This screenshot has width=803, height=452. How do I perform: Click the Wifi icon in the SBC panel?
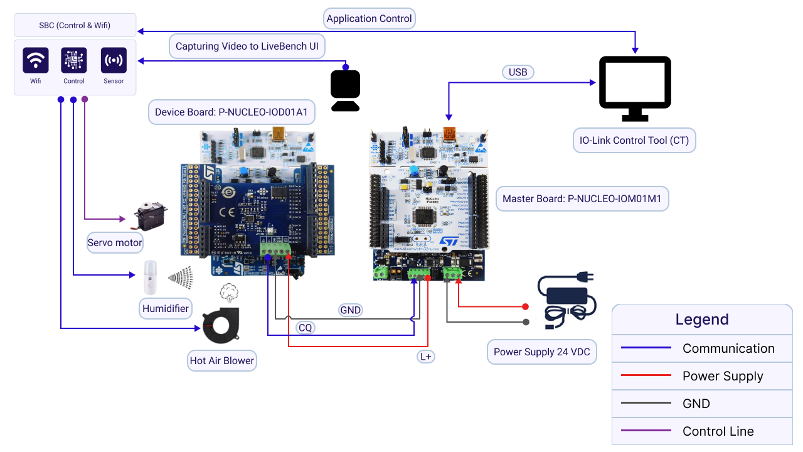[x=36, y=60]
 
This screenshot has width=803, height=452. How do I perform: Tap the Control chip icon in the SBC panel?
[x=74, y=60]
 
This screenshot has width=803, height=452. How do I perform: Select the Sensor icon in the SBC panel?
[x=114, y=60]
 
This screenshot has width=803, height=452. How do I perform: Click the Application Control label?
[x=369, y=19]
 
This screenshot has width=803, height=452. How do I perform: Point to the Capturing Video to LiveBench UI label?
[x=247, y=46]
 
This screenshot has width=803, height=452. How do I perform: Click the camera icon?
[x=345, y=90]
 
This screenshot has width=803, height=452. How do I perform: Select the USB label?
[x=518, y=72]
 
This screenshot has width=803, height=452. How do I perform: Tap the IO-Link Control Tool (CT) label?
[x=634, y=140]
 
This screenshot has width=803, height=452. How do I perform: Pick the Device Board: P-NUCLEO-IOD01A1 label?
[x=231, y=112]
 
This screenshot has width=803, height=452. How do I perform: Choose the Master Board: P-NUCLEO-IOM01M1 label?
[x=582, y=199]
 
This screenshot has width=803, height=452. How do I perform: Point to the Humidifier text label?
[x=166, y=308]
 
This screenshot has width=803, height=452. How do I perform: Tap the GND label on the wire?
[x=350, y=310]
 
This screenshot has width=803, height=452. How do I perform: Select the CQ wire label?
[x=305, y=328]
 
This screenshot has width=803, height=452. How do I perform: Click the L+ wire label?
[x=426, y=357]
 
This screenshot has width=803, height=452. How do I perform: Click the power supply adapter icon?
[x=566, y=298]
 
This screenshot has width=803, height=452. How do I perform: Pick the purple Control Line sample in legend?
[x=646, y=431]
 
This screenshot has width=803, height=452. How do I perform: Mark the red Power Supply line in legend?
[x=646, y=375]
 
